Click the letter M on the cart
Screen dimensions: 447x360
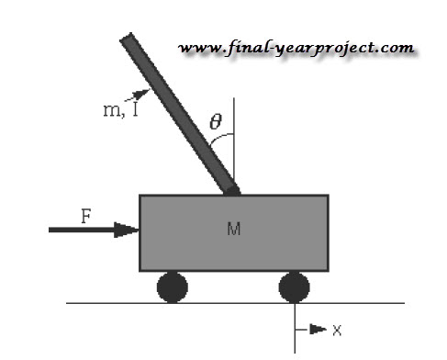[234, 229]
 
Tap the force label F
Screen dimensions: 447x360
[86, 216]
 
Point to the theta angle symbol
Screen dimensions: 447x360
[216, 121]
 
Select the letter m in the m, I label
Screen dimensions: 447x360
[112, 110]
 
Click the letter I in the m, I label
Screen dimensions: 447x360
[135, 109]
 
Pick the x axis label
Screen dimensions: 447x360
[337, 331]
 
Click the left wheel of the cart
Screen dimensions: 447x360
[173, 287]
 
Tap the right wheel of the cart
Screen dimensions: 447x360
[295, 287]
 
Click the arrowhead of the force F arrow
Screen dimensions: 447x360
[127, 230]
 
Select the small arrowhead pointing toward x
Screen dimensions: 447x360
[318, 330]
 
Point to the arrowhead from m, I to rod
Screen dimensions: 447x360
[142, 93]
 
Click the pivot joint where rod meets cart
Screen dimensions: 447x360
[233, 191]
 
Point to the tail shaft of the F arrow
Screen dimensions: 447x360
[82, 230]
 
